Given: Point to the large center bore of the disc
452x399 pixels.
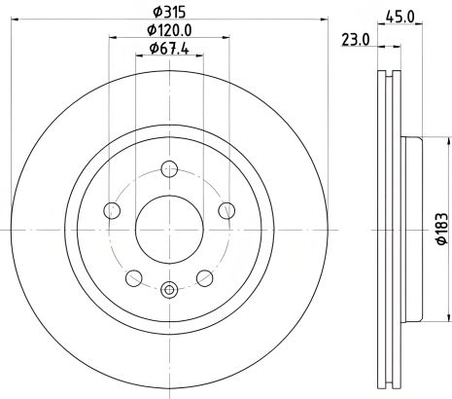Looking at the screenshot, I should click(170, 227).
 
